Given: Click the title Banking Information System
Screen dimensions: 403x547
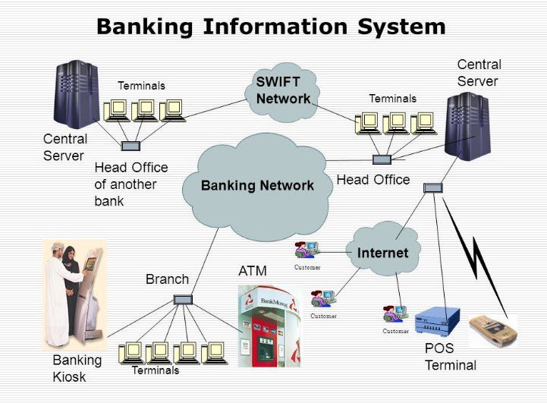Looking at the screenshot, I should [x=270, y=27].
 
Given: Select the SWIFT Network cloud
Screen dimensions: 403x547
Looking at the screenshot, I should [x=282, y=91].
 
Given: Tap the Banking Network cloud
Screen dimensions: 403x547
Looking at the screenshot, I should [x=256, y=185].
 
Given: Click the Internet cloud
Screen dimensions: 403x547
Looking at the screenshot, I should [x=382, y=253].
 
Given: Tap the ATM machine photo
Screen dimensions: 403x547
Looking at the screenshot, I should [x=269, y=326].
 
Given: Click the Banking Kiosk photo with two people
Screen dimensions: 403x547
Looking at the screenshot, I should [x=75, y=293].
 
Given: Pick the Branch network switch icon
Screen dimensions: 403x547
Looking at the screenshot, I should [x=183, y=300].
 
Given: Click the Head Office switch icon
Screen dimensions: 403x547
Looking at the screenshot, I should [x=382, y=160].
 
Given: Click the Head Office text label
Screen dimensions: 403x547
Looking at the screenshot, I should [x=373, y=180].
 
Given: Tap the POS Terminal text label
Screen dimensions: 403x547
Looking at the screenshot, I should [x=450, y=357].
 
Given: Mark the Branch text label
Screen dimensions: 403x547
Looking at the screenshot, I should [x=167, y=279].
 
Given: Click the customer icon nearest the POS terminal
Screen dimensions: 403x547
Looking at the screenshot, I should [x=395, y=313].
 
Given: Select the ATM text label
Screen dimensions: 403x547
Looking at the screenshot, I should [x=253, y=271].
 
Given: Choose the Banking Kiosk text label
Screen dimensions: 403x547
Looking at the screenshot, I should [x=77, y=367].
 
